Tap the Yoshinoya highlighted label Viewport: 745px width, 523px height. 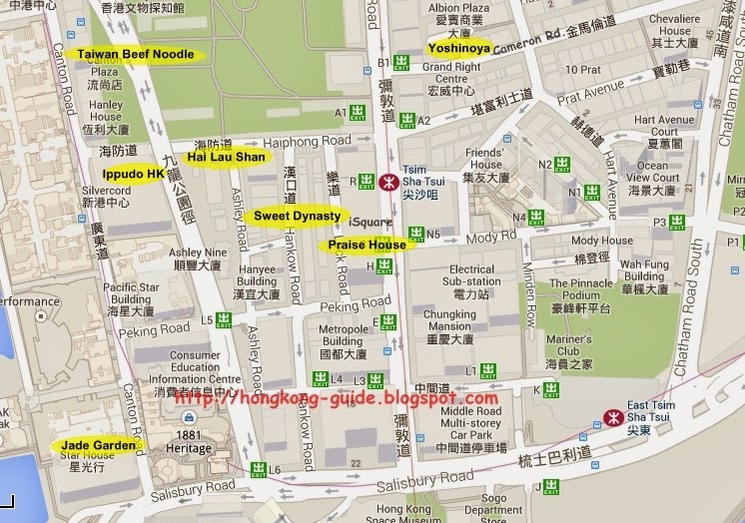459,47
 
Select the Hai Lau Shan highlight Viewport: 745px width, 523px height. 226,157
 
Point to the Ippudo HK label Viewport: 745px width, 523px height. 132,174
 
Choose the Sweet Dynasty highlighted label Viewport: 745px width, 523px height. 297,216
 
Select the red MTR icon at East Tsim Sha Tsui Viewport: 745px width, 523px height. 613,418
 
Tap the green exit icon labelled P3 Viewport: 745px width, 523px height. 677,223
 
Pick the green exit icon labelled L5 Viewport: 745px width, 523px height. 224,319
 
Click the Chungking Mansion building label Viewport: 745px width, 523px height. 448,326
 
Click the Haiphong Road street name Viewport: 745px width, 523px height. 320,141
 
